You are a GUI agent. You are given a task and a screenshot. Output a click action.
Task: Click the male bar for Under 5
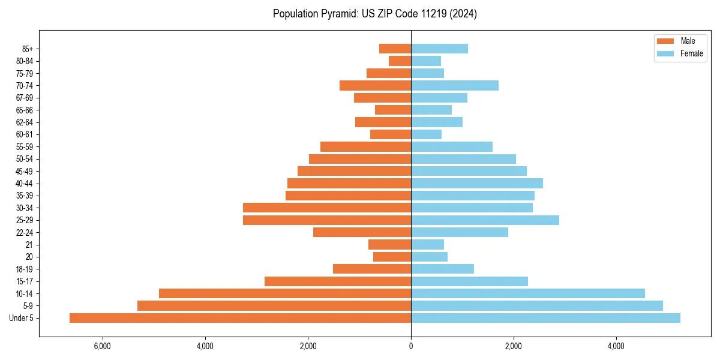240,318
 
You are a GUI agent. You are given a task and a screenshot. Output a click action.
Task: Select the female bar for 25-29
485,220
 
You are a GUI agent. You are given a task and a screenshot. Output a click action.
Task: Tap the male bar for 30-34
327,208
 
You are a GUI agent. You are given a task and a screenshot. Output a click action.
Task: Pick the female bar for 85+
439,49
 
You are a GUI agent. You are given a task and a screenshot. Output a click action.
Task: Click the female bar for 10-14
528,293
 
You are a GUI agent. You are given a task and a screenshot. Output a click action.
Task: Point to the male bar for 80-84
400,61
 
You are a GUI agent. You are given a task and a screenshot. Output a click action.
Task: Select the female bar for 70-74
455,85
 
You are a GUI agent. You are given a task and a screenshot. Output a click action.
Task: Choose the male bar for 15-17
338,281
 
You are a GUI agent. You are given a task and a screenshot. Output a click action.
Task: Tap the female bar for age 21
427,244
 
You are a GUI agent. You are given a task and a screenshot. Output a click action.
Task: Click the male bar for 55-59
366,146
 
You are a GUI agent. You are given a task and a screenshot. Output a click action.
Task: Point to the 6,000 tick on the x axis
103,346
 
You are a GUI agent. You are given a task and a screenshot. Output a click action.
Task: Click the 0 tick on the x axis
411,346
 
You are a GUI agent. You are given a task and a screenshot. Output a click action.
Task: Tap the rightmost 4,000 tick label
616,346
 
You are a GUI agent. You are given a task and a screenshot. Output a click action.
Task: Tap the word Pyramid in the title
338,14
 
